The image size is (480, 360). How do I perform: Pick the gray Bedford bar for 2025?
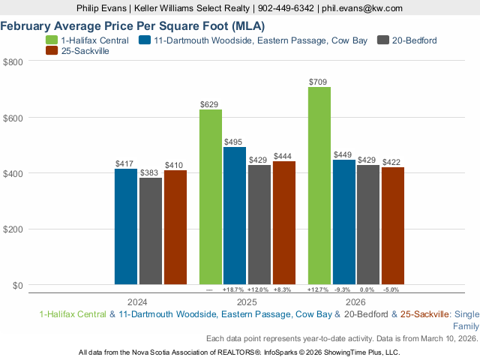tap(259, 225)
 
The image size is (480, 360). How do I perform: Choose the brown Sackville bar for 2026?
tap(392, 226)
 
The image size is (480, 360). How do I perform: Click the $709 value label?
tap(319, 81)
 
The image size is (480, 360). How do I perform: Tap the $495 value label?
tap(235, 141)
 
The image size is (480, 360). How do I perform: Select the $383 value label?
tap(150, 172)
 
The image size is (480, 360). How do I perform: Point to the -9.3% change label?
tap(343, 289)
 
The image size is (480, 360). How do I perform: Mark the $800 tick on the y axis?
tap(13, 61)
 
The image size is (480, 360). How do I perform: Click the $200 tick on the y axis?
tap(13, 229)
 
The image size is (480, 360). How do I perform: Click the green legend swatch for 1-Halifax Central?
tap(52, 40)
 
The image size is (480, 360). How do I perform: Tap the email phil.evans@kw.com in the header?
tap(361, 8)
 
